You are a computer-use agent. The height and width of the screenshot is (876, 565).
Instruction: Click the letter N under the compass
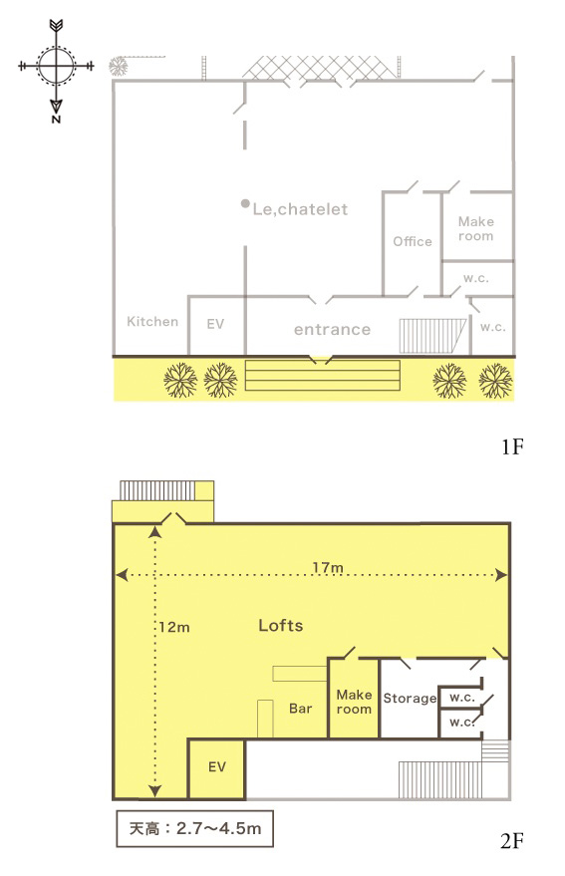point(56,119)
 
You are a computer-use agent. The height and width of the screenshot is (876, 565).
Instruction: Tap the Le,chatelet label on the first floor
point(300,209)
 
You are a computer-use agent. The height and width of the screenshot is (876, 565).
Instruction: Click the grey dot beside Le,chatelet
point(245,204)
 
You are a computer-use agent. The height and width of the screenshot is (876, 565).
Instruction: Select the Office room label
point(413,241)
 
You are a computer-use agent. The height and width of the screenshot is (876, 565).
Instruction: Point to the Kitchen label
point(152,321)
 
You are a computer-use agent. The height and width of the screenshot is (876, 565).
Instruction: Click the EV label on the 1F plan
point(215,324)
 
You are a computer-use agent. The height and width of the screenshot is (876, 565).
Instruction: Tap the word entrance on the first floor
point(333,330)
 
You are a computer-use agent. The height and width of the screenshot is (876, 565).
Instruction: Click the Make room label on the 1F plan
point(476,229)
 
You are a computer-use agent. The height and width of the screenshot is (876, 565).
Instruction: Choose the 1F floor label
point(512,446)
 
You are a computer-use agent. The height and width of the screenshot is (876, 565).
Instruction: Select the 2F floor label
point(512,840)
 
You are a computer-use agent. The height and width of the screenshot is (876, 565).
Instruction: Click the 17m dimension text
point(328,568)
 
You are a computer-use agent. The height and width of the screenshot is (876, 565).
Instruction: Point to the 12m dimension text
point(174,628)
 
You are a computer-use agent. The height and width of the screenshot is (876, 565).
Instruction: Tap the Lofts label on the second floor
point(281,625)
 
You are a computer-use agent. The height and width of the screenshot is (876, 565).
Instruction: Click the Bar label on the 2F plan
point(301,709)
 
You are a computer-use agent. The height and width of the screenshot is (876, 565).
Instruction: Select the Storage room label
point(410,699)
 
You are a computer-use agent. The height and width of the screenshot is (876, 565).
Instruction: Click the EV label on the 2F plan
point(217,767)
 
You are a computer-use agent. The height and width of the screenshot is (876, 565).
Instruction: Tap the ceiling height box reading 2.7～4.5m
point(194,828)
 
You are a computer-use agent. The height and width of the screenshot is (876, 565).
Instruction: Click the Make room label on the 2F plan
point(354,702)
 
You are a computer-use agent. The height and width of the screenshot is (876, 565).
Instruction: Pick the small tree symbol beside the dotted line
point(118,67)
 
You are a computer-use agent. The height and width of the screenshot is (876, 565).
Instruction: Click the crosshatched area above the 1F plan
point(319,68)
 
